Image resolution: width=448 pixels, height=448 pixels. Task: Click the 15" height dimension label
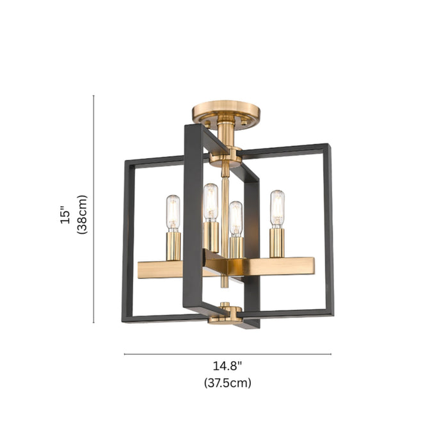(65, 214)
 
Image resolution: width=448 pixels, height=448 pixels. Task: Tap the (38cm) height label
(82, 214)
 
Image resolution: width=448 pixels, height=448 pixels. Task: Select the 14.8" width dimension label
(227, 365)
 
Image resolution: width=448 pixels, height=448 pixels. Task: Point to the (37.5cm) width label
(227, 383)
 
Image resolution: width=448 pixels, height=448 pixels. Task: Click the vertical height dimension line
(93, 209)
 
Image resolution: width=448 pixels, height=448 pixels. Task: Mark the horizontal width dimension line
(228, 355)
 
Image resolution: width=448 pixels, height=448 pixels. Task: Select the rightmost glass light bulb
(277, 209)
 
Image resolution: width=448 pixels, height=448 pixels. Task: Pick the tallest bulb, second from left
(211, 202)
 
